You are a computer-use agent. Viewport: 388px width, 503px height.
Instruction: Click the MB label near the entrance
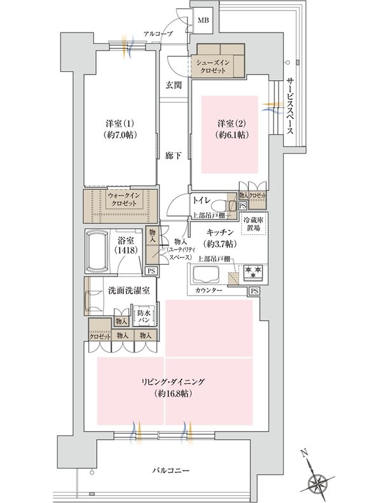coord(204,19)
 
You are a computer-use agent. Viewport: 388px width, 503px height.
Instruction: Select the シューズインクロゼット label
coord(220,69)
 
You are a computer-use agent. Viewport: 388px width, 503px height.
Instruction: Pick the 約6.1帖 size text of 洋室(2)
coord(230,135)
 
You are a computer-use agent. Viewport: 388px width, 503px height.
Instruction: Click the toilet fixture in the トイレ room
coord(221,204)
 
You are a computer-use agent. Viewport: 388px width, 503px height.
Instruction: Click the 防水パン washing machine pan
coord(142,315)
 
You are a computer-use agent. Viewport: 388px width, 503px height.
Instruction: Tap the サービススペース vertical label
coord(289,104)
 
